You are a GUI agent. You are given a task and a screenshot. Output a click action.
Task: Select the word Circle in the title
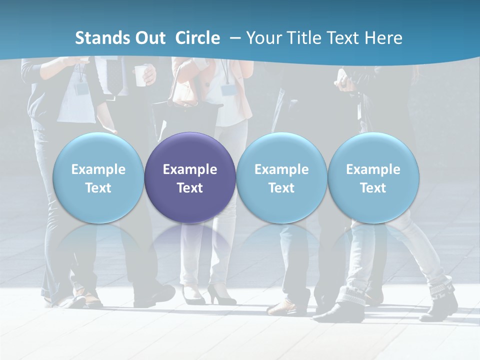tap(197, 38)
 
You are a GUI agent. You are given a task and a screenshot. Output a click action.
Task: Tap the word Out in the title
tap(149, 38)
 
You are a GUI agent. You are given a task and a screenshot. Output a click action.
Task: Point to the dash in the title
tap(235, 38)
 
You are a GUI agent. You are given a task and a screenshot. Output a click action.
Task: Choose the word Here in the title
tap(383, 38)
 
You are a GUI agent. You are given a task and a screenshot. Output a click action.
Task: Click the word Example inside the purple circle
tap(190, 169)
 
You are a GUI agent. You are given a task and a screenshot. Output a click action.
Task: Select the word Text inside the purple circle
tap(190, 188)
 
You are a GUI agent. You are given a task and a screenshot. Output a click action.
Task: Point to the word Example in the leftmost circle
tap(98, 169)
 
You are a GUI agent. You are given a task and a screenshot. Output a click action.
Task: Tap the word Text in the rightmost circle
tap(373, 188)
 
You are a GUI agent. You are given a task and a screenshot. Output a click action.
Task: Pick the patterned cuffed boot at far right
tap(442, 300)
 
